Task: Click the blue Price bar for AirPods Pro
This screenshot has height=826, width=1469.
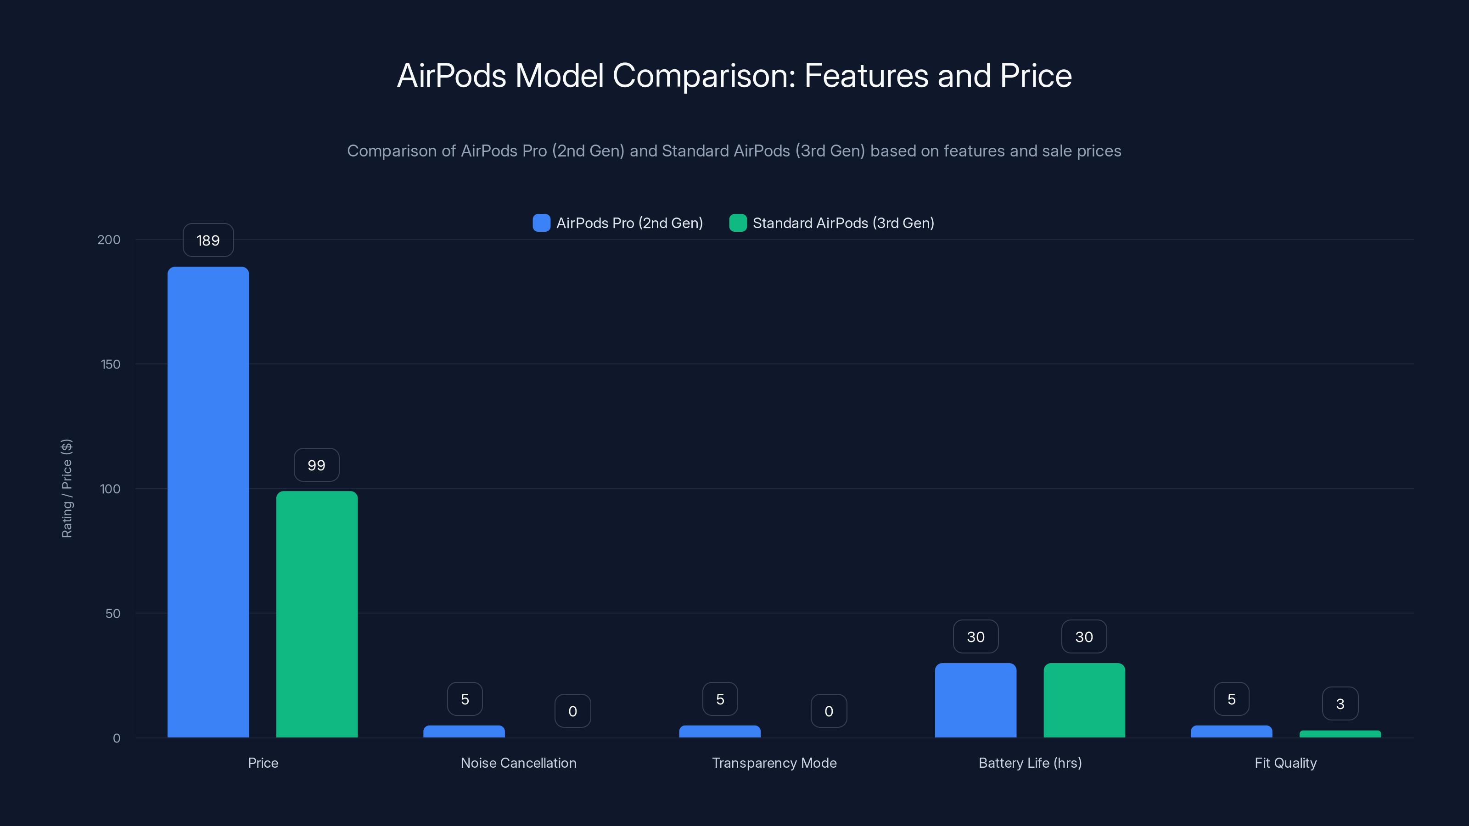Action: click(208, 502)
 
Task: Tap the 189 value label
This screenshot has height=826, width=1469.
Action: click(208, 240)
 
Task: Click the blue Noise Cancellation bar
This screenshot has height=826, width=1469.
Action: click(464, 731)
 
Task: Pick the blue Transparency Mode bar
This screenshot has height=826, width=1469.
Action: click(720, 731)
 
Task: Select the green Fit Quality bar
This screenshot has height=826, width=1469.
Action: click(1340, 734)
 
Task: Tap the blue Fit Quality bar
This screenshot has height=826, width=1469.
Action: click(1231, 731)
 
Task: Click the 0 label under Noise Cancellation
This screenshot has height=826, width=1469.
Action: click(572, 711)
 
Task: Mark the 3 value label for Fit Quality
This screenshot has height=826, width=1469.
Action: click(1340, 704)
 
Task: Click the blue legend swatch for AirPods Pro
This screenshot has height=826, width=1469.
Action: click(541, 223)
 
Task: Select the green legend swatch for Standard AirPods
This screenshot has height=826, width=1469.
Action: click(738, 223)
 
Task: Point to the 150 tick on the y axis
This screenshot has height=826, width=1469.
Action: click(111, 364)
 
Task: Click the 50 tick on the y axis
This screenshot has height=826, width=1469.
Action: click(113, 614)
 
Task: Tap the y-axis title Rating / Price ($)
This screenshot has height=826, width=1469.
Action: click(67, 489)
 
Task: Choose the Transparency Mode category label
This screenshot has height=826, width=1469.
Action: click(774, 763)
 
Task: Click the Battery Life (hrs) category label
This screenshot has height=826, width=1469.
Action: click(1030, 763)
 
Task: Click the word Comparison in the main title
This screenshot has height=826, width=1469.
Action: click(704, 76)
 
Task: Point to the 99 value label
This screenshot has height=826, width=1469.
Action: click(316, 465)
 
